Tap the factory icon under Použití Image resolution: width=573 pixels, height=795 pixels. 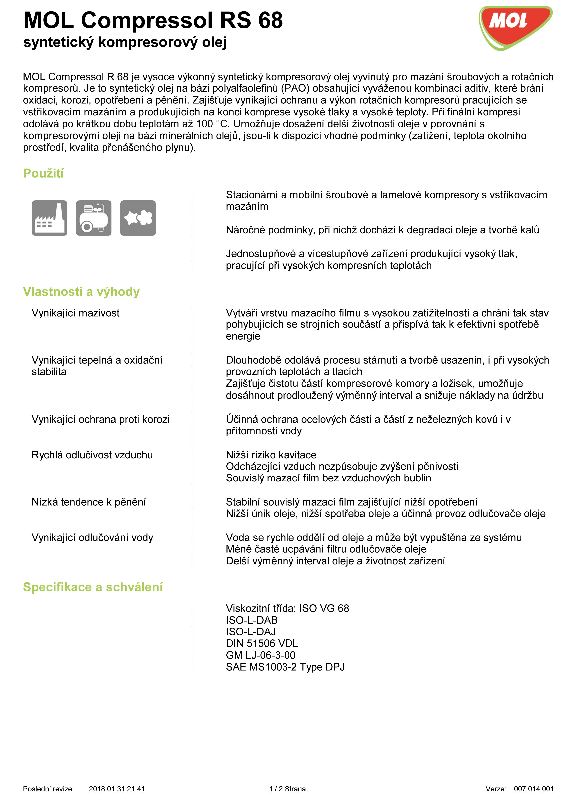pos(49,218)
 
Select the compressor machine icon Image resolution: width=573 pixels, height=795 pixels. pos(94,218)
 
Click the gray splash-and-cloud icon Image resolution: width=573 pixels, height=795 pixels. pos(138,218)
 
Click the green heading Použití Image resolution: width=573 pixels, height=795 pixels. pos(43,173)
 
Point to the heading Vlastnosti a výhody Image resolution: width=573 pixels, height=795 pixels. pos(81,292)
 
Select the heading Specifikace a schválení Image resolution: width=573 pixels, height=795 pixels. pos(93,587)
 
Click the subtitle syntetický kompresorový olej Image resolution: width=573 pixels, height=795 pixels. pos(125,42)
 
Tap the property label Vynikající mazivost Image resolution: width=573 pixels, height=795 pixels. pos(75,313)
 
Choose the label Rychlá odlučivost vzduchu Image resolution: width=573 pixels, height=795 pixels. pos(92,455)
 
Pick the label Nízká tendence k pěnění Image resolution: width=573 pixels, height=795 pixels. pos(89,502)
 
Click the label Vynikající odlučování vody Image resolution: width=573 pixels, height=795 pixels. pos(92,538)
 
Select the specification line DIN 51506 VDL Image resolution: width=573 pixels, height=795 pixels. pos(262,643)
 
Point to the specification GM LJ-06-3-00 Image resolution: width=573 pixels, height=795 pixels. pos(260,655)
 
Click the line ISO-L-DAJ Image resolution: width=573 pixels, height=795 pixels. pos(251,632)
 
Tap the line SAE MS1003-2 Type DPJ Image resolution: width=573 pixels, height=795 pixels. pos(285,667)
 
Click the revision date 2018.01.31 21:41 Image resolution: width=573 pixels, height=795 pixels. pos(117,789)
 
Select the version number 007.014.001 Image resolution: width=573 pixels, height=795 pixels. pos(533,789)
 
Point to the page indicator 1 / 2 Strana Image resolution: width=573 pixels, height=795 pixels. pos(288,789)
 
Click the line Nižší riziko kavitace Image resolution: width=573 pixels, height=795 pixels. pos(271,455)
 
